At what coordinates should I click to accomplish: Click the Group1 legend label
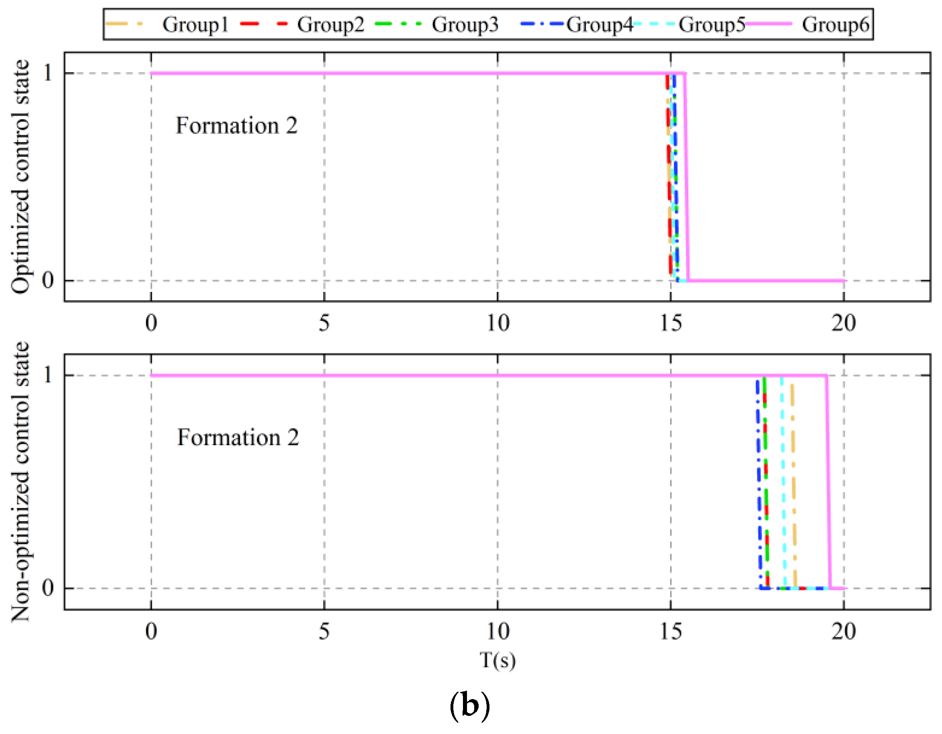pos(196,24)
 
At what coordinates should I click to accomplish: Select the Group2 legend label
pos(330,24)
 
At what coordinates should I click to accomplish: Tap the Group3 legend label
pos(465,24)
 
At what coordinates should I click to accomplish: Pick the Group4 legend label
pos(599,24)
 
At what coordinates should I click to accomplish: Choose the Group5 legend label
pos(712,24)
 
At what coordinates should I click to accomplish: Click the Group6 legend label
pos(835,24)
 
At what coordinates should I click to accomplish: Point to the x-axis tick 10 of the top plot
pos(498,324)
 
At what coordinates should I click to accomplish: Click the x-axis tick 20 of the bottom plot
pos(844,631)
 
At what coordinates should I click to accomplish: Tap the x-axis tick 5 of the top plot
pos(324,324)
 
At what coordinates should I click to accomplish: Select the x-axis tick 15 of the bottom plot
pos(671,631)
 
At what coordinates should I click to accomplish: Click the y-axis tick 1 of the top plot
pos(48,73)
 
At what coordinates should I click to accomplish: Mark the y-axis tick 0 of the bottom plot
pos(48,587)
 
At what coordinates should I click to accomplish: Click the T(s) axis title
pos(498,660)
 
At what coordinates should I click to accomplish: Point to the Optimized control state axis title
pos(20,177)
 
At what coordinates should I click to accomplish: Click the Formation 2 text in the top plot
pos(237,126)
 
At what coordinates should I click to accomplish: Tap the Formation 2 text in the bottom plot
pos(238,437)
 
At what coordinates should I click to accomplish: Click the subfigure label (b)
pos(470,705)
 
